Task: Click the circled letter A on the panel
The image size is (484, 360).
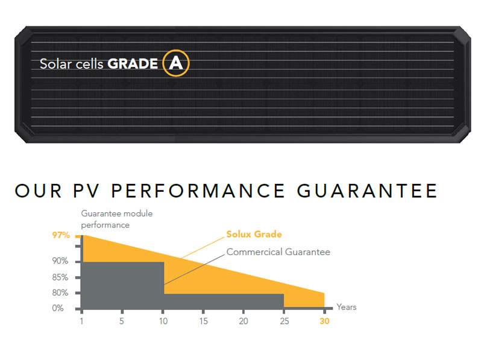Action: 176,63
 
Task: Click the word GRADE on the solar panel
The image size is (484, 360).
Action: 133,64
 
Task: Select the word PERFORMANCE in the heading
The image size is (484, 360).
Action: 198,191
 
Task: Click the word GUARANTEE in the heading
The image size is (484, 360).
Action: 367,191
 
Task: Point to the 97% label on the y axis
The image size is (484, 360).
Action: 61,235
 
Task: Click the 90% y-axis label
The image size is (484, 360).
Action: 60,261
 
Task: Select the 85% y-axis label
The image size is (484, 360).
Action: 60,277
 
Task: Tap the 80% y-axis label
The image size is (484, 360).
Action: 60,292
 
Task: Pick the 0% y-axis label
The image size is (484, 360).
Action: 58,308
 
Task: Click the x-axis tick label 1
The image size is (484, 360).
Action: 81,321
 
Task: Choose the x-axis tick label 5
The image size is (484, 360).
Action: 122,321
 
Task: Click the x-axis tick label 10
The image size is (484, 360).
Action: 163,321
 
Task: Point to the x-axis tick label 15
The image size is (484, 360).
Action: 203,321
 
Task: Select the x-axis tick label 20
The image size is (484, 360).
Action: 244,321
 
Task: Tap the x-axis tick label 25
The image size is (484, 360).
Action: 284,321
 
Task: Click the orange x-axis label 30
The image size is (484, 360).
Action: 324,321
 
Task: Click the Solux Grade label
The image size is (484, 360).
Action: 254,234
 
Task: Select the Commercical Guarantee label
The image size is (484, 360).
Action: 278,252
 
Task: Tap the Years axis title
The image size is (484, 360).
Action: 347,307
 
